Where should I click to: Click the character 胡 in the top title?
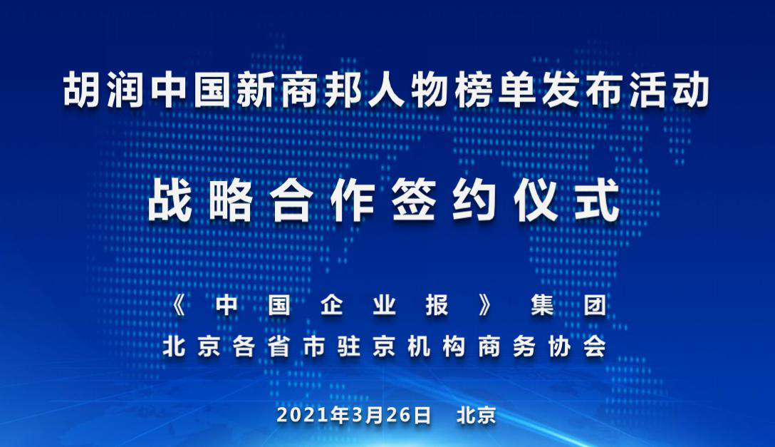(82, 90)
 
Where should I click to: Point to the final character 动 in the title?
(691, 90)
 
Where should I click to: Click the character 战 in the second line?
(170, 200)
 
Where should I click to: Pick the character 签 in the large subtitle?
(414, 200)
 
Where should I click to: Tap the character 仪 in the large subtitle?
(536, 200)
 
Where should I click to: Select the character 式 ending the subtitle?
(597, 200)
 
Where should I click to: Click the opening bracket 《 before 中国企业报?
(179, 306)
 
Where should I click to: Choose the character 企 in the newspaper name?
(332, 306)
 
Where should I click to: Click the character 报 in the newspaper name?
(437, 306)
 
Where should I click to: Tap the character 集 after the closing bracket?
(542, 306)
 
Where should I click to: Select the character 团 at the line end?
(595, 306)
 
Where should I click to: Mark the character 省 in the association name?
(279, 346)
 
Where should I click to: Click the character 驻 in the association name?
(349, 346)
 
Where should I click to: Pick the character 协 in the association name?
(559, 346)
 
